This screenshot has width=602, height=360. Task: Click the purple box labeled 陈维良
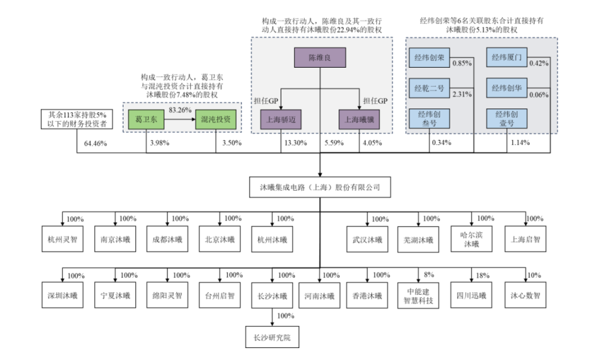[320, 59]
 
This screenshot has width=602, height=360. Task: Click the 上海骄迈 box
[281, 119]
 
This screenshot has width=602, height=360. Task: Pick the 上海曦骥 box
[359, 119]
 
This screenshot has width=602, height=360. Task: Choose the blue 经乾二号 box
[429, 88]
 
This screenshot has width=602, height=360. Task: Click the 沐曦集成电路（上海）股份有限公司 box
[320, 186]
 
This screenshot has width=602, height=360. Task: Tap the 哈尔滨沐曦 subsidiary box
[470, 239]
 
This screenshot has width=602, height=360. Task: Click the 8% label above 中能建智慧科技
[429, 275]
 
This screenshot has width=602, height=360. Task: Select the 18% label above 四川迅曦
[482, 275]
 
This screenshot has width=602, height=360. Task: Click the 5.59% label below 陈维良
[333, 143]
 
